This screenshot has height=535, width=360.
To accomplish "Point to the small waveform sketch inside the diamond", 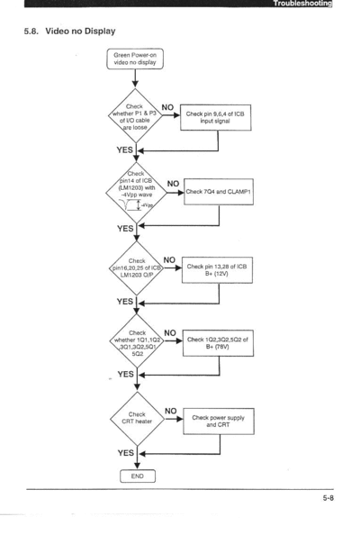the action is pos(137,205).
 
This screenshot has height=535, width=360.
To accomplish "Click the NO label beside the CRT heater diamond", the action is pos(170,411).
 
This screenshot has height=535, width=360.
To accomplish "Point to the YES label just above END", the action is pos(125,453).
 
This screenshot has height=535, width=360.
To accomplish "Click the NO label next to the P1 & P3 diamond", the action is pos(167,107).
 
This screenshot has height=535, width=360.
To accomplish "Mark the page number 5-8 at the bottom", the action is pos(328,498).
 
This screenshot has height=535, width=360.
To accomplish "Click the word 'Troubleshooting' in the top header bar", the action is pos(302,4).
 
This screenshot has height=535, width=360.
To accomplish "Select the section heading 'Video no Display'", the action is pos(80,31).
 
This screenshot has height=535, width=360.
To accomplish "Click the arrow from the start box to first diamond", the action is pos(135,78).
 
